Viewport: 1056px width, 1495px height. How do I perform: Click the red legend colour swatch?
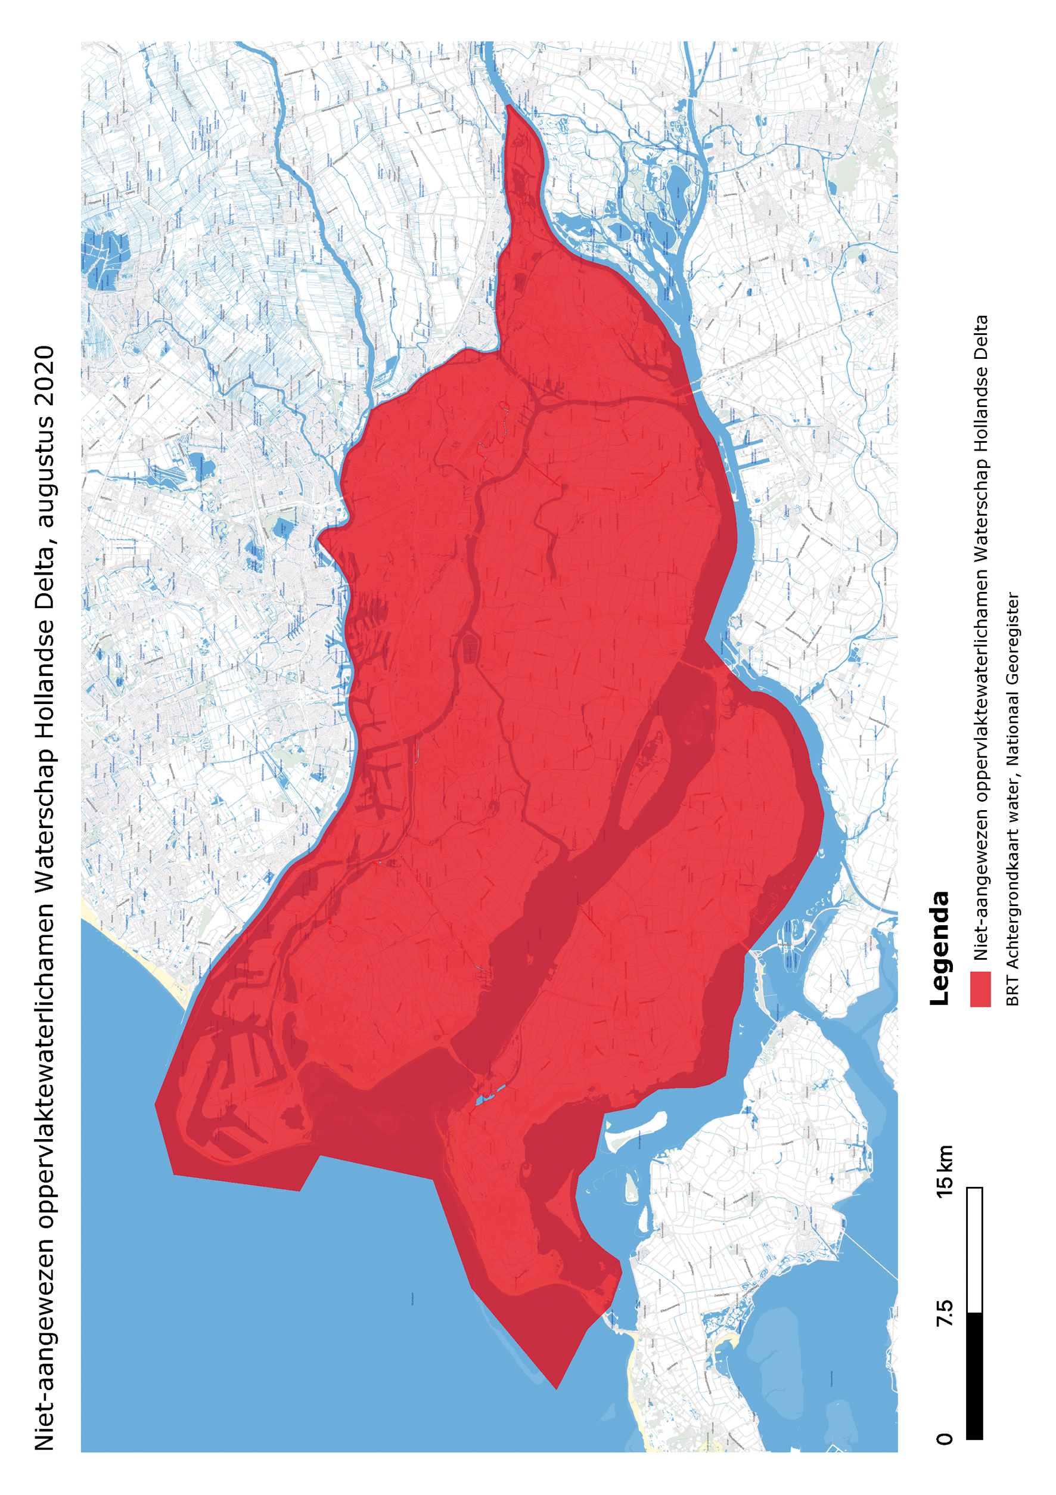980,989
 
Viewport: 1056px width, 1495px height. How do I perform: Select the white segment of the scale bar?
974,1250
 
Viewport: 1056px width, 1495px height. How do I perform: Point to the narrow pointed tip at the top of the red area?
509,107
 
